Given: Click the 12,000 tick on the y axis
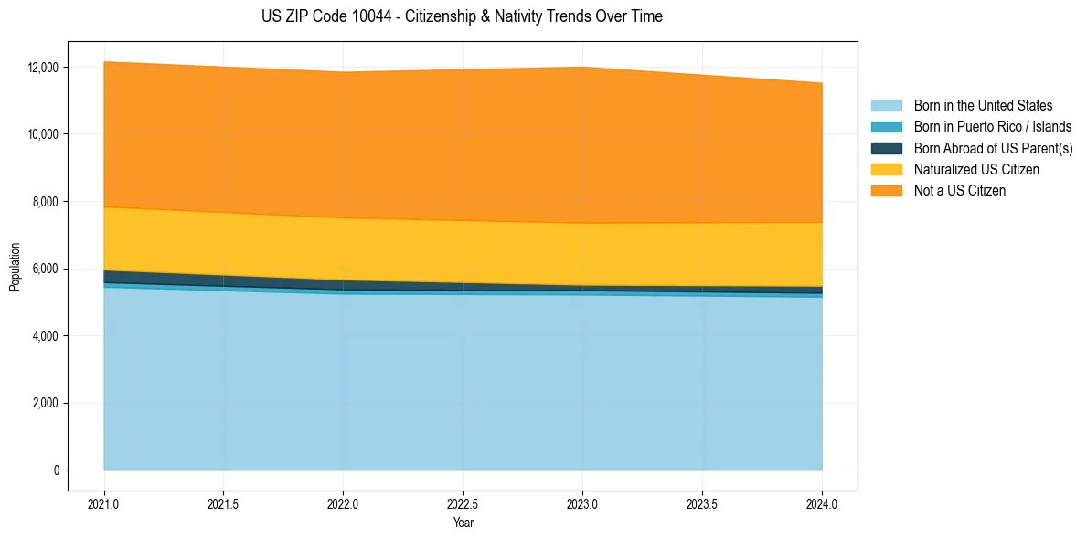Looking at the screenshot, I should click(45, 68).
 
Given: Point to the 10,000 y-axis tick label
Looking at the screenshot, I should click(45, 134).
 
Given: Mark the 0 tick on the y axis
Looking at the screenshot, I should click(57, 470).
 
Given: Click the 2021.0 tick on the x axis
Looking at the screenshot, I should click(104, 503).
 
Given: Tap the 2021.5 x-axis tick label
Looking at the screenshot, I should click(223, 503).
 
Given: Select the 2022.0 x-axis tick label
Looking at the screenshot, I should click(343, 503).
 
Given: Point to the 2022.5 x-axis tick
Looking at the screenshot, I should click(463, 503).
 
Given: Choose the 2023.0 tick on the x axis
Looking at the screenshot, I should click(582, 503).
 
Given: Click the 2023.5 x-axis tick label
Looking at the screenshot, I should click(702, 503).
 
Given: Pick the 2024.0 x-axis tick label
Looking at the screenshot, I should click(822, 503).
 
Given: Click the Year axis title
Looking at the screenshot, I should click(463, 523).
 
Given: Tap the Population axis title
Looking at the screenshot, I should click(15, 267).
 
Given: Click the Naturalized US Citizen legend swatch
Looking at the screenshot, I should click(886, 170).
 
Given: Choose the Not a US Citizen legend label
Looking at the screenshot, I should click(959, 191).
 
